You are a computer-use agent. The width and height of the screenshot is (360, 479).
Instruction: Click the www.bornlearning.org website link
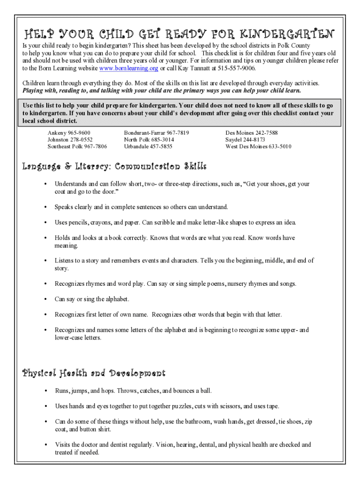[129, 68]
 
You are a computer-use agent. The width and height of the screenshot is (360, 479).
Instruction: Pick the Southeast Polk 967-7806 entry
[77, 146]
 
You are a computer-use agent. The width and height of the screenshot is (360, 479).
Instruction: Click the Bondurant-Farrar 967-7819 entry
[156, 133]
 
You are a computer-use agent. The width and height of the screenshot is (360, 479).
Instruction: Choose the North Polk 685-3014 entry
[149, 140]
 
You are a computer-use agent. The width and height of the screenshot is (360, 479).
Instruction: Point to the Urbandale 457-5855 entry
[148, 146]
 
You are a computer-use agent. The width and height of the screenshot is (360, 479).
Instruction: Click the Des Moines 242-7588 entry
[251, 133]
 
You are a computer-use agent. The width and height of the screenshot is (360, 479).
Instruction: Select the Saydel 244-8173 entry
[245, 140]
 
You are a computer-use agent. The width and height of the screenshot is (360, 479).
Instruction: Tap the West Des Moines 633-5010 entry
[258, 146]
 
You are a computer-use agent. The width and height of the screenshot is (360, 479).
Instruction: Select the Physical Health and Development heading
[94, 373]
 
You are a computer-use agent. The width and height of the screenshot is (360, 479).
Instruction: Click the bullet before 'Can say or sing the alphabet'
[45, 299]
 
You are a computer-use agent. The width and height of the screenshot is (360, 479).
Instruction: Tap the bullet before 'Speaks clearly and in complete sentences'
[45, 207]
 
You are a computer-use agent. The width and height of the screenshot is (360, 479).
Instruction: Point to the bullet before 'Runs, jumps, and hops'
[45, 391]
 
